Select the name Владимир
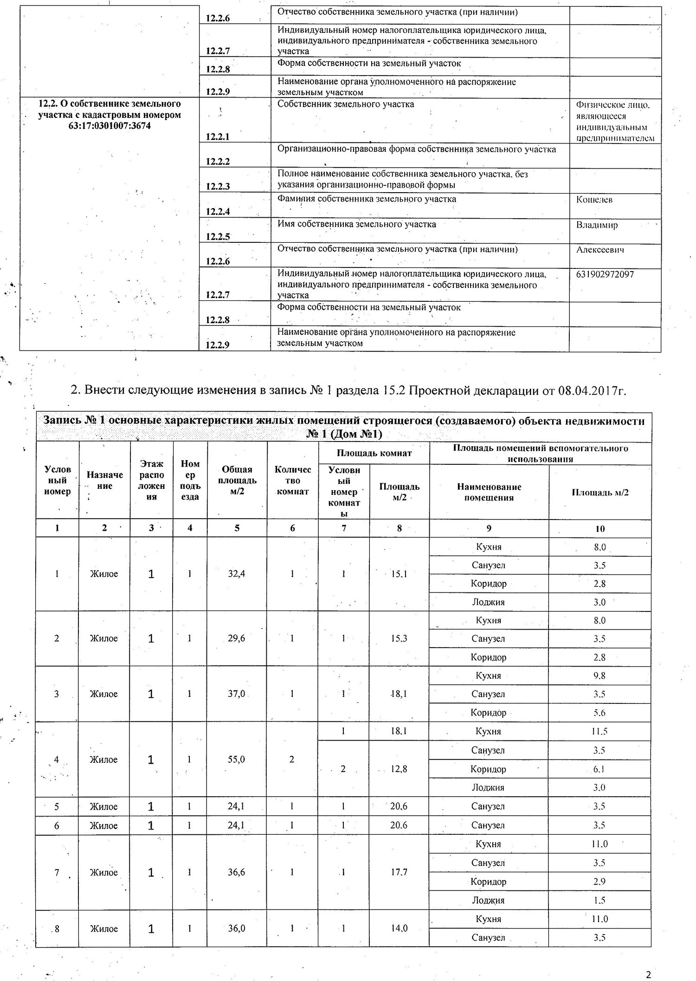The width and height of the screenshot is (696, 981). [597, 225]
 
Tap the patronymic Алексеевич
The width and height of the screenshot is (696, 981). [600, 250]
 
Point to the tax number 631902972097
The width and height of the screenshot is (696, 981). [605, 274]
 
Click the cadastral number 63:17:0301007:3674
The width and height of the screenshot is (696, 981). [109, 126]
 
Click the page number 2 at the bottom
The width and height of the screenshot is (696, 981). [648, 962]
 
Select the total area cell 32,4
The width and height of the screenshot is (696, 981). [237, 574]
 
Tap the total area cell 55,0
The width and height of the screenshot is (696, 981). [237, 760]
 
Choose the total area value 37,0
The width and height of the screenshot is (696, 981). [237, 694]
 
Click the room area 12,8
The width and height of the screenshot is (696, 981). [399, 769]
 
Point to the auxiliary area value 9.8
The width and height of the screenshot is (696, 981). [599, 676]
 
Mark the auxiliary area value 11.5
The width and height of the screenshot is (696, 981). [599, 732]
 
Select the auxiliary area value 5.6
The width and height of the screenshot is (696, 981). [599, 713]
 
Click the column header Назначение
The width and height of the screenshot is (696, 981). [104, 480]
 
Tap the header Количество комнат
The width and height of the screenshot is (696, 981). [293, 480]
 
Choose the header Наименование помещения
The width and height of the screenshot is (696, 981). [489, 492]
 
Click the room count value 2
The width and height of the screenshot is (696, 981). [292, 760]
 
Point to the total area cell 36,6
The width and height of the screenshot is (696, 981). [237, 872]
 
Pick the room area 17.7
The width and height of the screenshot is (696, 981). [399, 872]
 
